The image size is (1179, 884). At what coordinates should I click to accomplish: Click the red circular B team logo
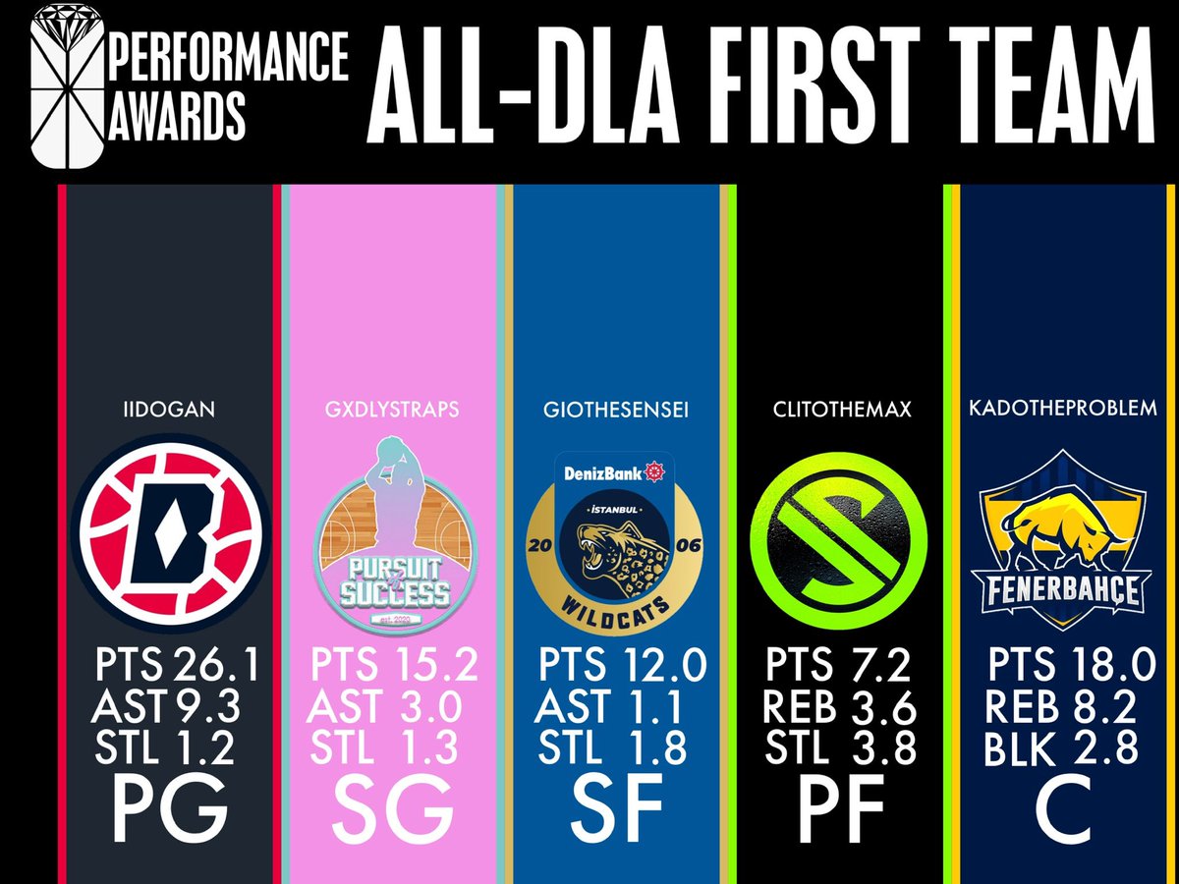pos(169,536)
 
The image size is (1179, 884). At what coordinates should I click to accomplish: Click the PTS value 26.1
pos(217,667)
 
